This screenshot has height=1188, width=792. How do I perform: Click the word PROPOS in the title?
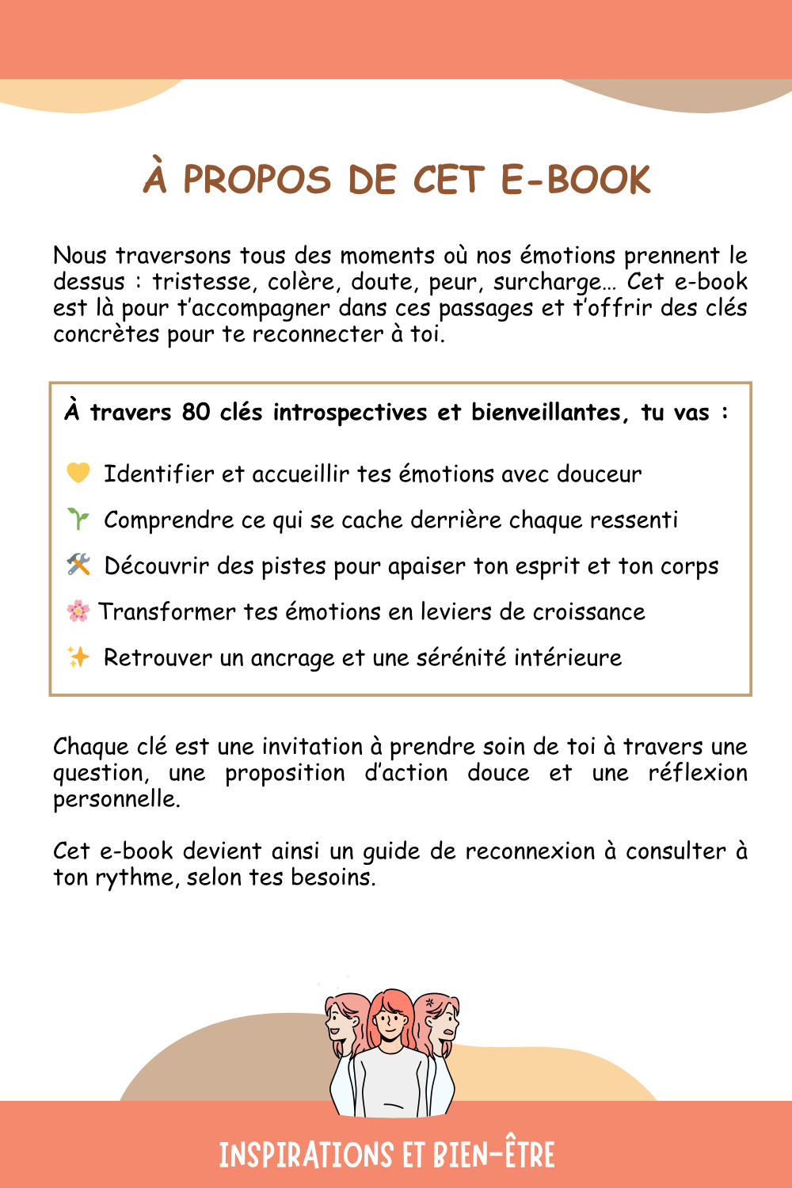click(257, 181)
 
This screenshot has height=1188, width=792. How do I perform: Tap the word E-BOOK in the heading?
click(576, 181)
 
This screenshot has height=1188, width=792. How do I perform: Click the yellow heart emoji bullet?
click(78, 473)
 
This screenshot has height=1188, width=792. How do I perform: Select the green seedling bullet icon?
click(78, 520)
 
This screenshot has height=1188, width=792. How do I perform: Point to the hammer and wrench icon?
click(78, 565)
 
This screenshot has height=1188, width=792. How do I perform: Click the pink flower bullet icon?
click(78, 611)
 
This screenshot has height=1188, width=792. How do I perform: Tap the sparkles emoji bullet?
click(78, 657)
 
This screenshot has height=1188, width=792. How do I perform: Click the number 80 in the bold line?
click(196, 413)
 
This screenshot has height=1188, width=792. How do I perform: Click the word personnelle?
click(116, 799)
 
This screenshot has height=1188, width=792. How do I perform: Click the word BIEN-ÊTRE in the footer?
click(494, 1156)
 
